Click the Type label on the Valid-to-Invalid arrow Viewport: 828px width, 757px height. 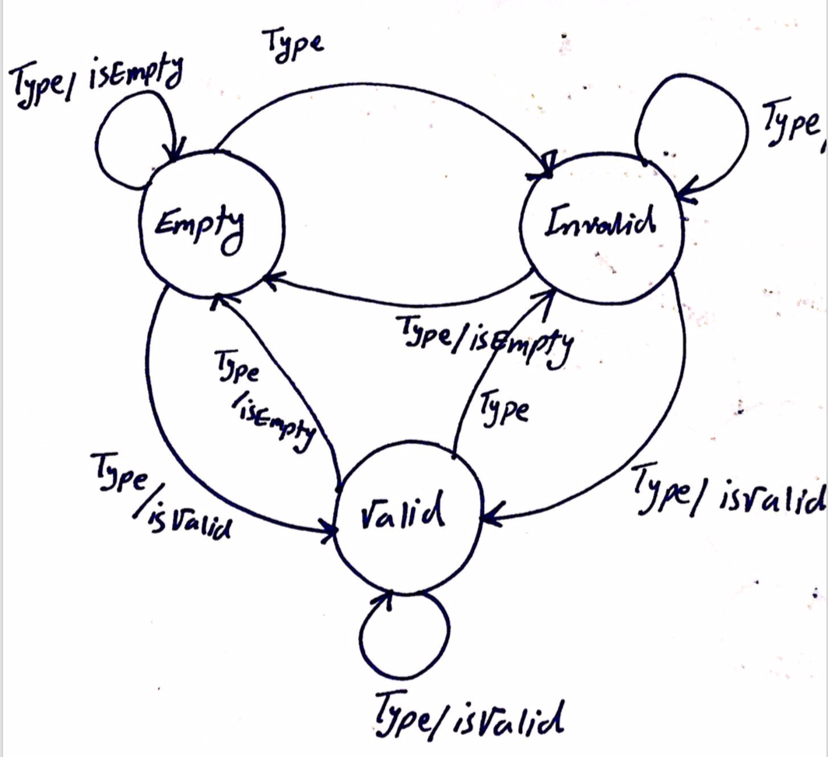click(504, 409)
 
